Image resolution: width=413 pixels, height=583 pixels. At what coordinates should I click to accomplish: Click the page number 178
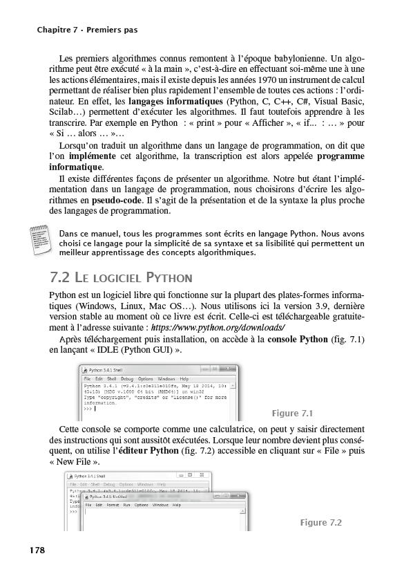(37, 550)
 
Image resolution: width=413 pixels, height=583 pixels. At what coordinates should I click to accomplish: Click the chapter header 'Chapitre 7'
(59, 30)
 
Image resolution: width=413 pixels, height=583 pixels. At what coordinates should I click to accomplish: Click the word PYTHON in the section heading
(168, 279)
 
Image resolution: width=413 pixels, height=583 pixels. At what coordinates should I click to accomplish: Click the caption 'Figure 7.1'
(293, 414)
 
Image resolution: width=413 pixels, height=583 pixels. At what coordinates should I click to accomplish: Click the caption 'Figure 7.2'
(321, 522)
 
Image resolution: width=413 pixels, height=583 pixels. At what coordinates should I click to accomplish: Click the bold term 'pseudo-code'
(117, 201)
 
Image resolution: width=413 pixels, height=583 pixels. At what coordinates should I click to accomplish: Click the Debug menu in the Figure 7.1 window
(127, 379)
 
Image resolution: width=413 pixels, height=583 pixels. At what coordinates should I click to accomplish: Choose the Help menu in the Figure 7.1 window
(184, 379)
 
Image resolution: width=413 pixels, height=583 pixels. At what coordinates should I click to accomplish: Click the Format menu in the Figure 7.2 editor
(113, 506)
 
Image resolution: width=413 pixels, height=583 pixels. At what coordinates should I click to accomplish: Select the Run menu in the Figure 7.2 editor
(127, 506)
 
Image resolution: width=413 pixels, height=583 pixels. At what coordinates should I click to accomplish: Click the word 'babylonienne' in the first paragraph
(298, 58)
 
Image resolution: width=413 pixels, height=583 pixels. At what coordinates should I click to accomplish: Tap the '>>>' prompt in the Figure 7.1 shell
(88, 409)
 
